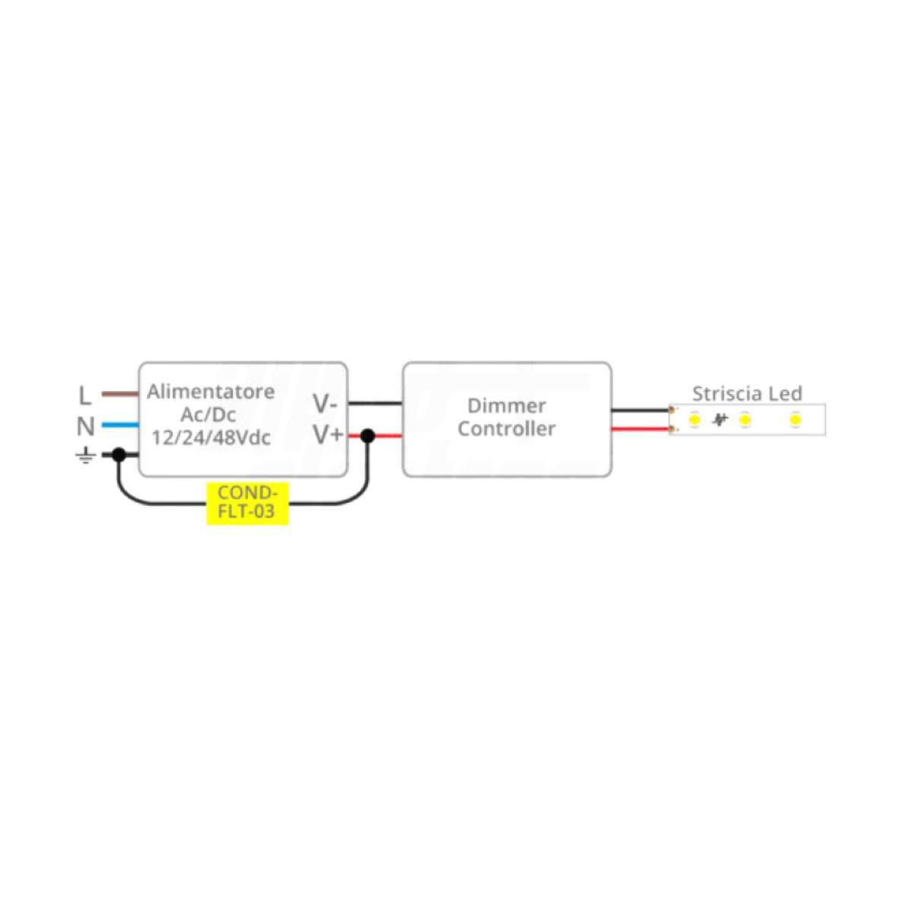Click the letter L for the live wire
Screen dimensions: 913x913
84,396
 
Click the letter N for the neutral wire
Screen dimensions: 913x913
85,427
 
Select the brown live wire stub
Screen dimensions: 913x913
119,394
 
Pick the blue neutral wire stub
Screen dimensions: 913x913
119,425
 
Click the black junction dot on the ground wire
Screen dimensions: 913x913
119,454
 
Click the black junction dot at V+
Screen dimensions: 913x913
367,436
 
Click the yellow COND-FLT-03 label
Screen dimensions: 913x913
247,503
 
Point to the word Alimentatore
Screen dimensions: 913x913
211,392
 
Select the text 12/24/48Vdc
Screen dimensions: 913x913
211,438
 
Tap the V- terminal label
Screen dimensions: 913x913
325,403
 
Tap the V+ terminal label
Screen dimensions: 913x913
328,435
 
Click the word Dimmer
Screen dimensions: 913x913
506,406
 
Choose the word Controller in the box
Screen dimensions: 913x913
506,428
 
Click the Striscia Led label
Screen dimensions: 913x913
746,393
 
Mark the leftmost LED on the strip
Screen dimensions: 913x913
694,419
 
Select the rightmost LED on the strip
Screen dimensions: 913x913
795,419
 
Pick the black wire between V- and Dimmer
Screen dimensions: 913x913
375,403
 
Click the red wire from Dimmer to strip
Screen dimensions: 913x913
640,430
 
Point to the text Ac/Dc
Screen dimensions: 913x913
208,415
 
